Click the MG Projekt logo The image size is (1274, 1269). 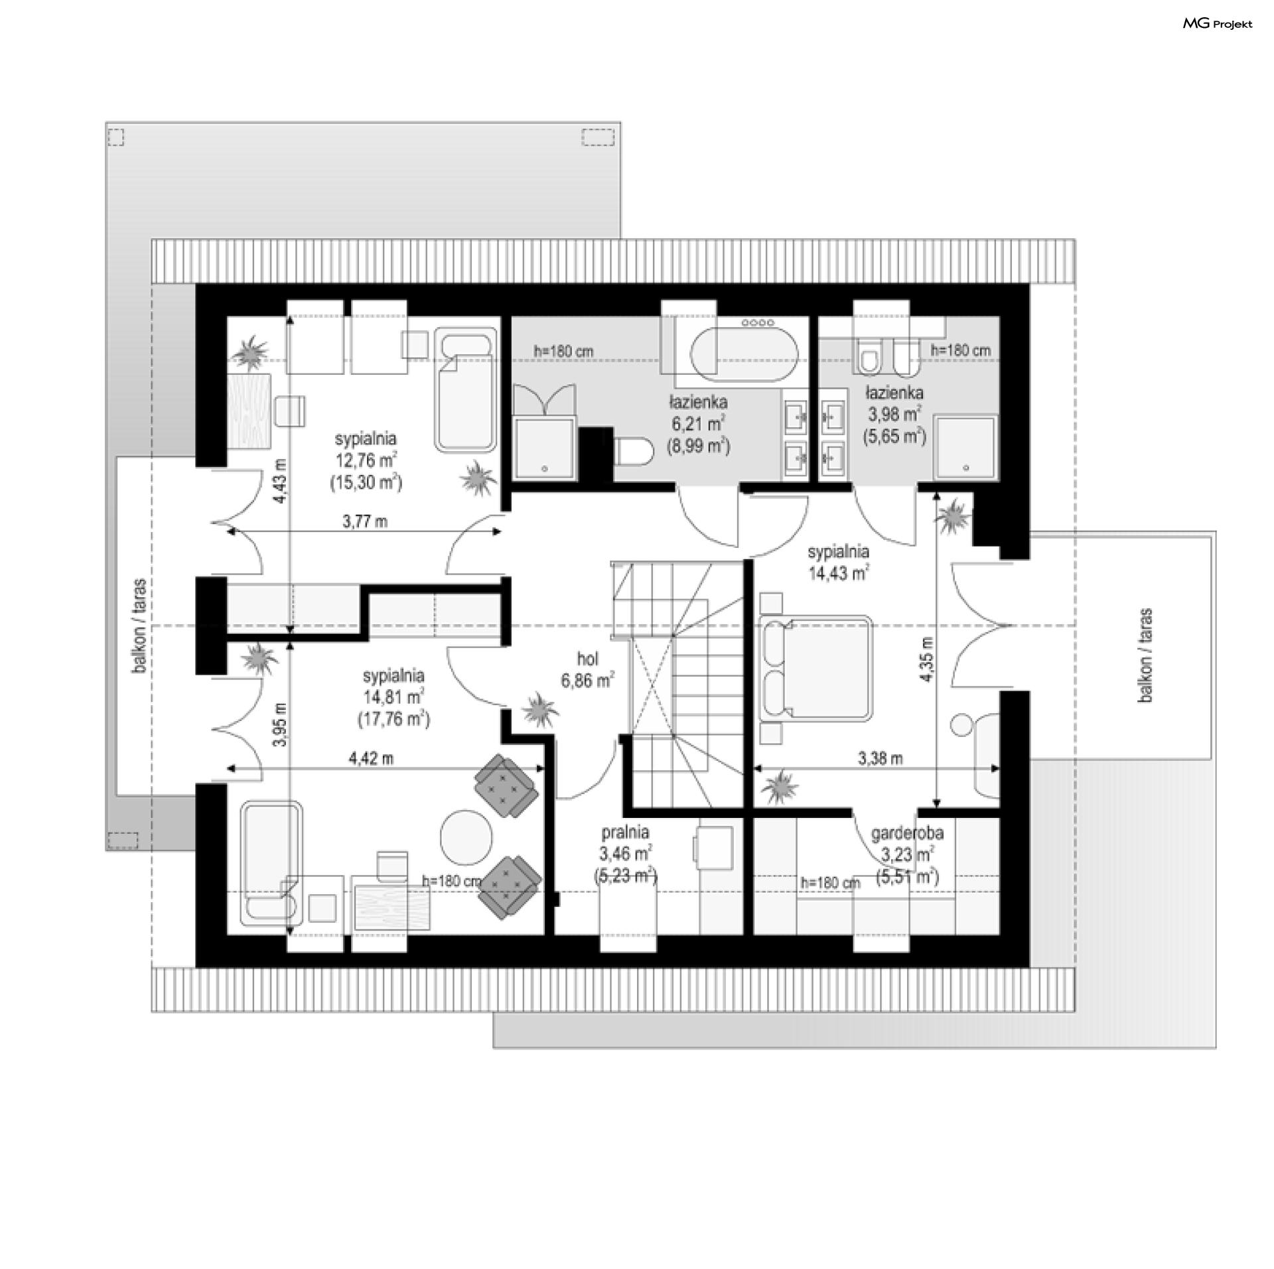1218,24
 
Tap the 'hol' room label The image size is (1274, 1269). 588,659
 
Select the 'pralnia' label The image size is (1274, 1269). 625,832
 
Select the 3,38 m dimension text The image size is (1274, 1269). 880,758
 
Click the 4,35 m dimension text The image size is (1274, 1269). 927,658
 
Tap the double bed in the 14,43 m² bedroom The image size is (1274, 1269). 815,667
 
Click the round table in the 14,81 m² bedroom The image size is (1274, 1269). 466,835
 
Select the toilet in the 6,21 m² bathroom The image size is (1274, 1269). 631,454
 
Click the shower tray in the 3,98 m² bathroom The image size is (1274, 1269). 965,447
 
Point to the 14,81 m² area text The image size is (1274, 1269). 393,697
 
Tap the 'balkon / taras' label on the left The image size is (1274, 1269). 139,627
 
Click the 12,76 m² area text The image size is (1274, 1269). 366,460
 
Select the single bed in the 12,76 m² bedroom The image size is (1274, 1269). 466,391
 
